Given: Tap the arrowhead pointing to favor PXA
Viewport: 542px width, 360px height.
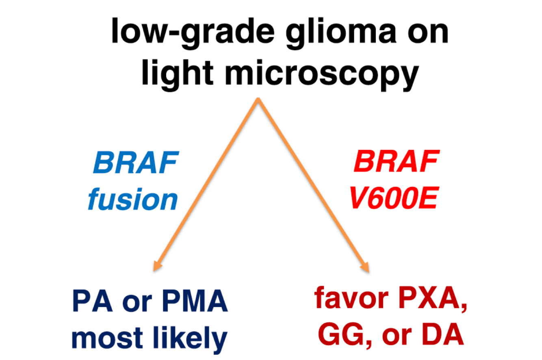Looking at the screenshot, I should (x=365, y=268).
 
